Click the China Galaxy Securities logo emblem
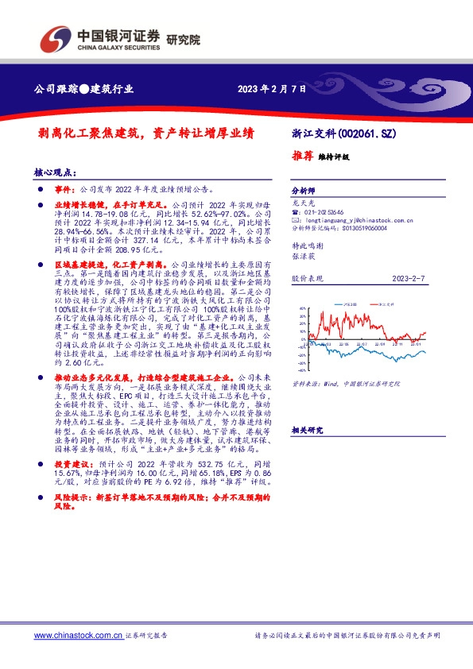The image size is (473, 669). point(55,39)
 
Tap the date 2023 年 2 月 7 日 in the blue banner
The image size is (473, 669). point(271,89)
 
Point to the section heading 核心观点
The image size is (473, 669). point(55,172)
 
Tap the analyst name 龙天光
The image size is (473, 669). point(304,203)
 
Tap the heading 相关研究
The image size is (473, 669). point(307,430)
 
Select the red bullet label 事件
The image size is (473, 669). point(62,191)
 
